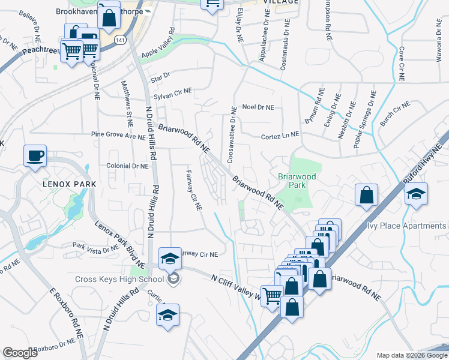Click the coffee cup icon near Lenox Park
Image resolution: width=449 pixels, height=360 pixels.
pos(34,156)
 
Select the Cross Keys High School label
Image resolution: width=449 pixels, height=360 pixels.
pos(119,279)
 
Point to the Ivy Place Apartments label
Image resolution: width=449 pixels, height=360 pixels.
pos(407,226)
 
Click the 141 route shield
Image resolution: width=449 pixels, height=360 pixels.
pos(121,40)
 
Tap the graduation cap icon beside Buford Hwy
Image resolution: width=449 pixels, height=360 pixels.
pos(415,194)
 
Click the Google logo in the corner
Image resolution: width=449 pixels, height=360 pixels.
pos(20,353)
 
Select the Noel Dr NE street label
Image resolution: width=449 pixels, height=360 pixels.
pos(258,107)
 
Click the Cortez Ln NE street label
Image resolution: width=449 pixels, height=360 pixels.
pos(280,137)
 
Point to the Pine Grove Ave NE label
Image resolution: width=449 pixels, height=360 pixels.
pos(114,136)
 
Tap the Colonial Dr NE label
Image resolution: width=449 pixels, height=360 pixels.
pos(127,166)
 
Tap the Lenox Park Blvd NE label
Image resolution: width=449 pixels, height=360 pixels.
pos(120,244)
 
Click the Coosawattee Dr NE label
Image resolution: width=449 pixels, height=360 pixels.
pos(231,135)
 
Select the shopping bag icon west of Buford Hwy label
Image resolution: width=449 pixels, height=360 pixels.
pos(366,195)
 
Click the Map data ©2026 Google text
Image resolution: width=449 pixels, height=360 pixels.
pos(412,355)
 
